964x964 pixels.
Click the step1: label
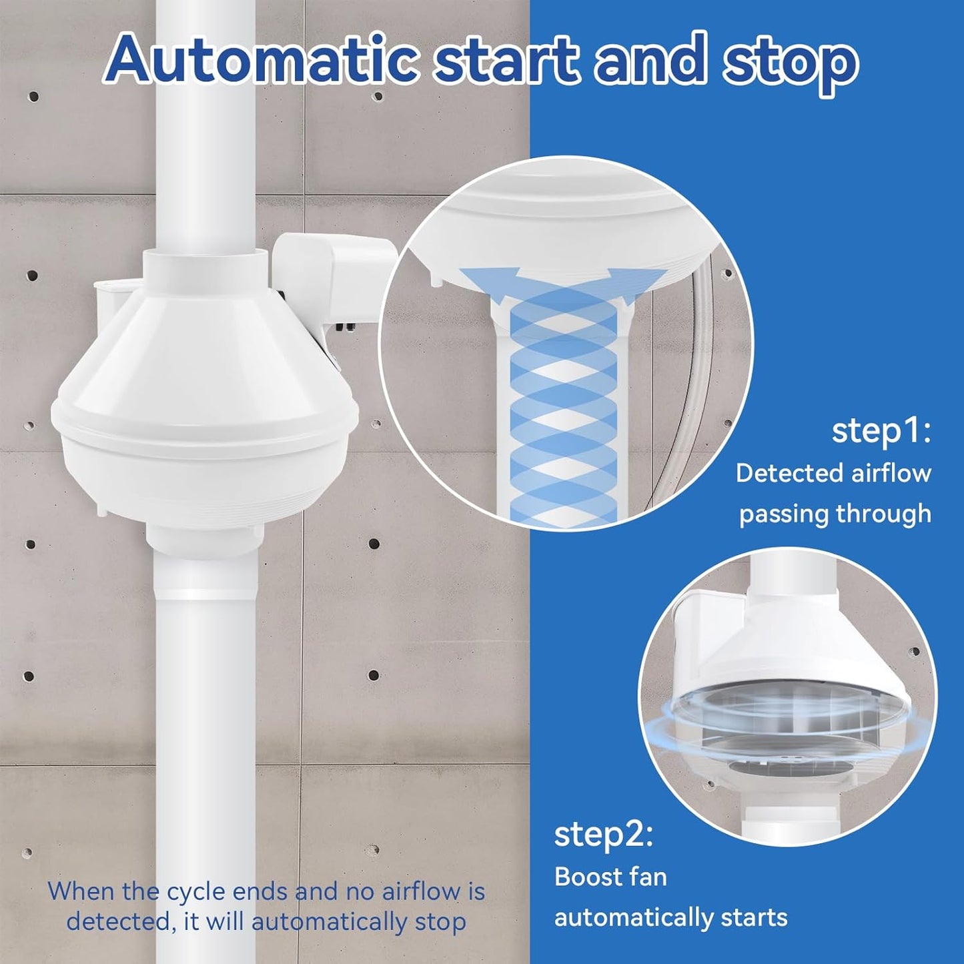881,432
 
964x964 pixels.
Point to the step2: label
603,835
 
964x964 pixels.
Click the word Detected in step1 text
790,473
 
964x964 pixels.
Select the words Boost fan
610,877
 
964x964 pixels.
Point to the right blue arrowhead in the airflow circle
617,275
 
